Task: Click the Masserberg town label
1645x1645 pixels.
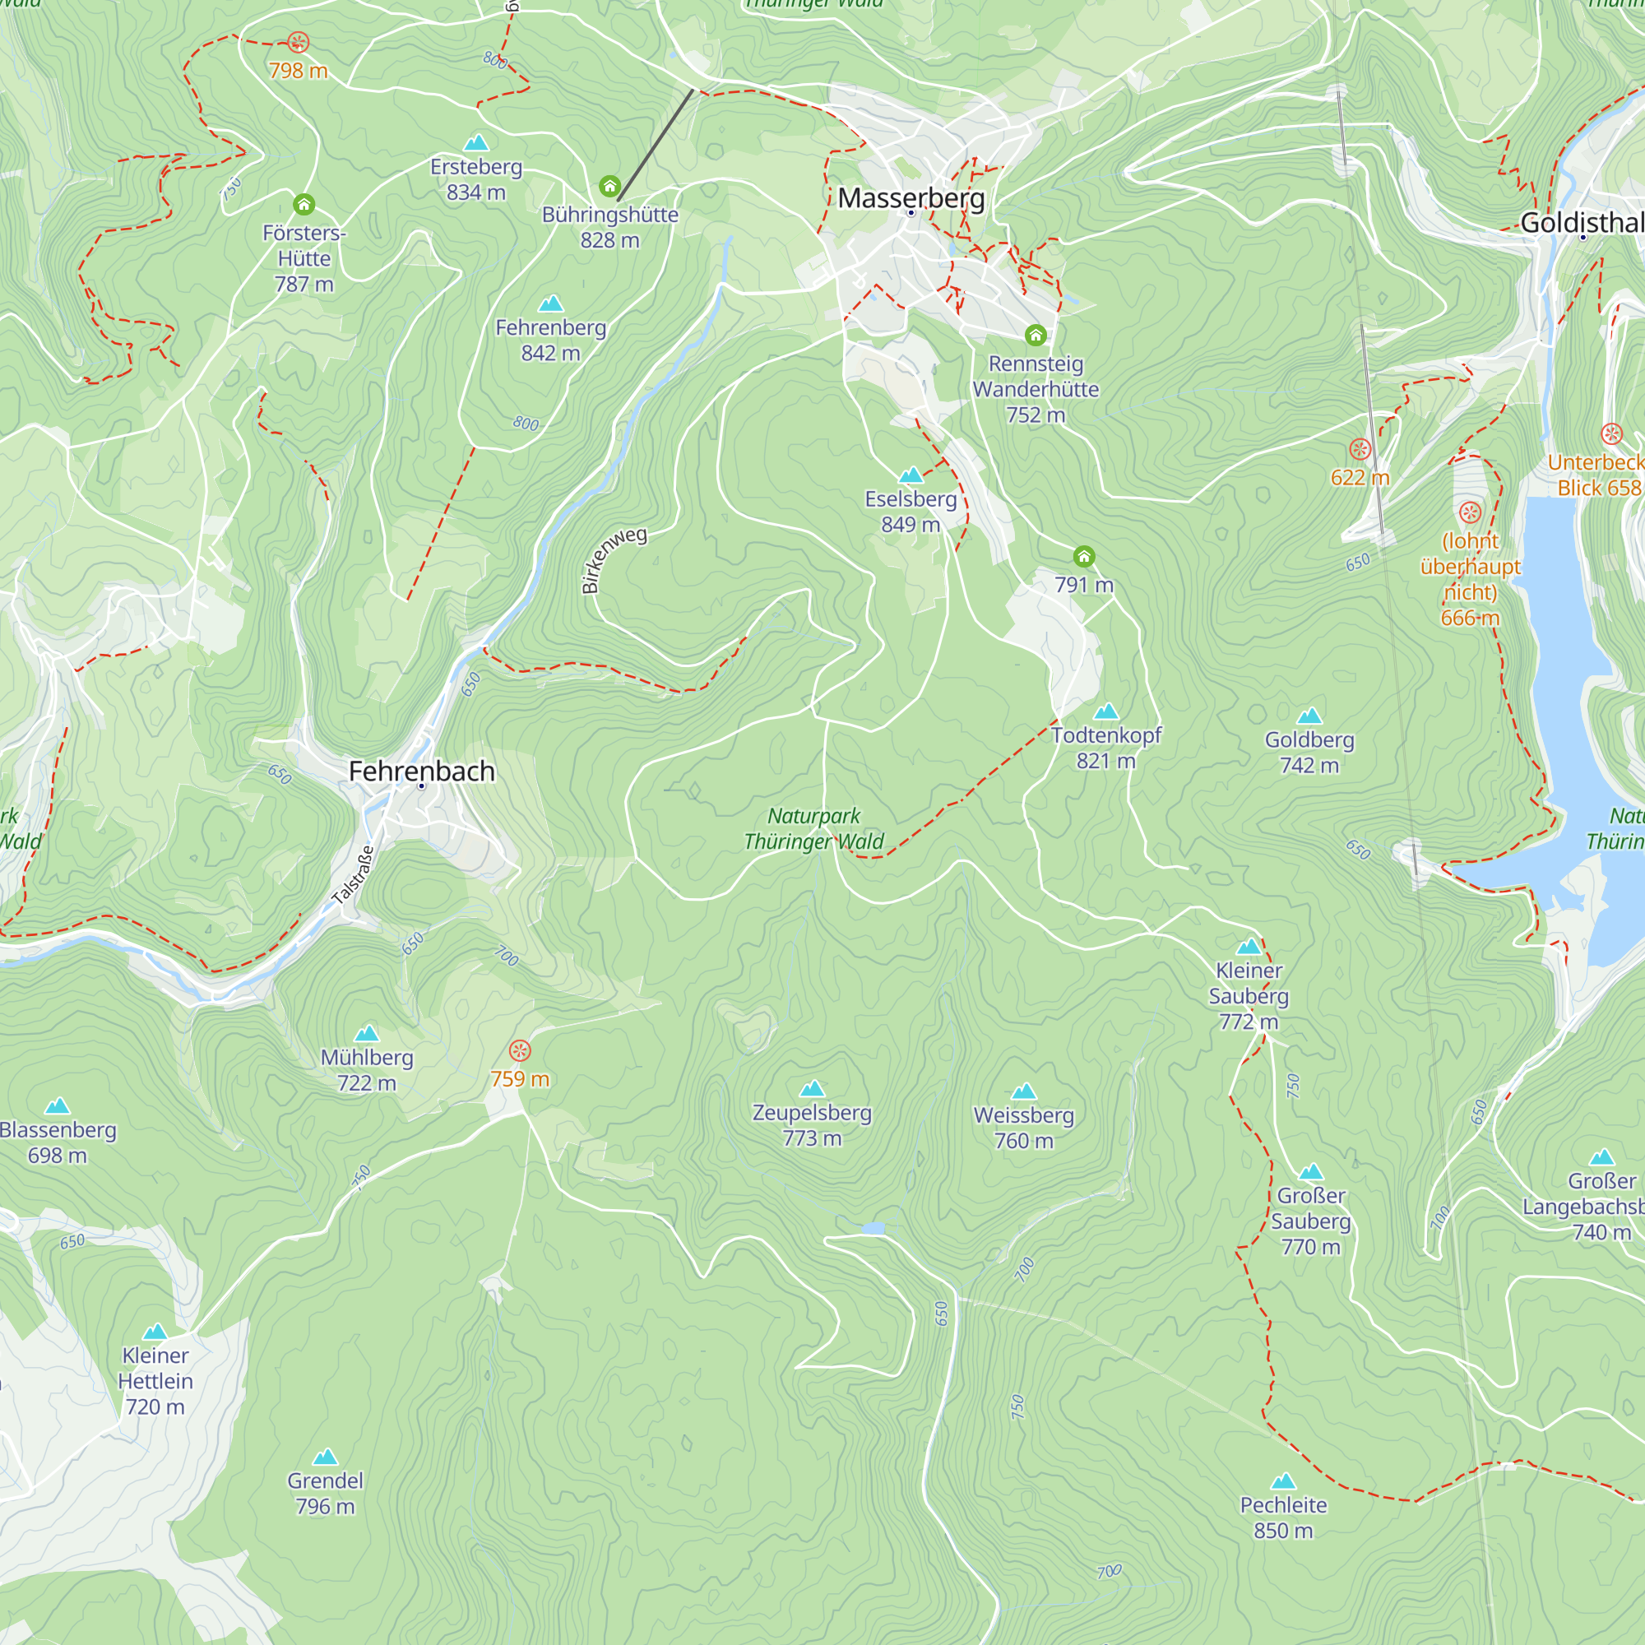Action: (x=911, y=197)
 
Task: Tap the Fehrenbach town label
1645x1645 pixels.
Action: (x=421, y=771)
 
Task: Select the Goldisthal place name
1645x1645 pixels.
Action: (x=1582, y=222)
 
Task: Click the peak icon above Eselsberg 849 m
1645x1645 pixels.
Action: (x=911, y=475)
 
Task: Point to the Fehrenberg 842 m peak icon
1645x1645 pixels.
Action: (x=551, y=304)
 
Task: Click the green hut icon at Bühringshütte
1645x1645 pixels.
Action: (x=609, y=186)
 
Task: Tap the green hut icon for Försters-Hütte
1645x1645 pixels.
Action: (x=304, y=204)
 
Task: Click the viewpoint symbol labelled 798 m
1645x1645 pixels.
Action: (x=298, y=42)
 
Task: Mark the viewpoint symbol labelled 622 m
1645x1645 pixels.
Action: (x=1360, y=449)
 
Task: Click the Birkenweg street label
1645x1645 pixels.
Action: (x=613, y=559)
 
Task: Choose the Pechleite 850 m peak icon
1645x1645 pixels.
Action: (x=1283, y=1481)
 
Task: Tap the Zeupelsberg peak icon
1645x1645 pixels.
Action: (x=813, y=1089)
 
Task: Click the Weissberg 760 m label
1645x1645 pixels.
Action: (x=1023, y=1128)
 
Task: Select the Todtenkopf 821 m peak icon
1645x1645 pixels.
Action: (x=1106, y=711)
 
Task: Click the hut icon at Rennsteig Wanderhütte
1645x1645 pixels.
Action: (x=1036, y=336)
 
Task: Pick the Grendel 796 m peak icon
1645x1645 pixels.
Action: (x=325, y=1457)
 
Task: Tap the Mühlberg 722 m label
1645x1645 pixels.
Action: (x=367, y=1069)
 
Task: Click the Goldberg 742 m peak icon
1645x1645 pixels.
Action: (x=1309, y=716)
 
